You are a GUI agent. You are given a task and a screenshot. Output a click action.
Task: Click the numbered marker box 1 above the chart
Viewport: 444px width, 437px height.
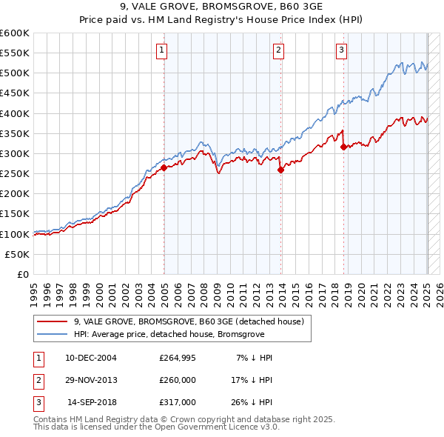[161, 50]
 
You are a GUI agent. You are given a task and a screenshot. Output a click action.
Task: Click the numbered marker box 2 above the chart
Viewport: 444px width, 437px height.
[278, 50]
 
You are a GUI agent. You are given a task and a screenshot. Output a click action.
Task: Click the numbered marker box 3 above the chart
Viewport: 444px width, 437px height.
[341, 50]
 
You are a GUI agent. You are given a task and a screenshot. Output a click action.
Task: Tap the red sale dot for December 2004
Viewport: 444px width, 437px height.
[164, 167]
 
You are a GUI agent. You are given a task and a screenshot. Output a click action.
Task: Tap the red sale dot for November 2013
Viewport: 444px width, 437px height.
[281, 170]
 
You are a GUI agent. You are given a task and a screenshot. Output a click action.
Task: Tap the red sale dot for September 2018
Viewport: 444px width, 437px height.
[343, 147]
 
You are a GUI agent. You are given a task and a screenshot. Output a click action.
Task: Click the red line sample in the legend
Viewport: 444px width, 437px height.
[53, 321]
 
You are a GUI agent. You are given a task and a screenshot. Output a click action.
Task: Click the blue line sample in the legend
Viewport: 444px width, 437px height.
[53, 335]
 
